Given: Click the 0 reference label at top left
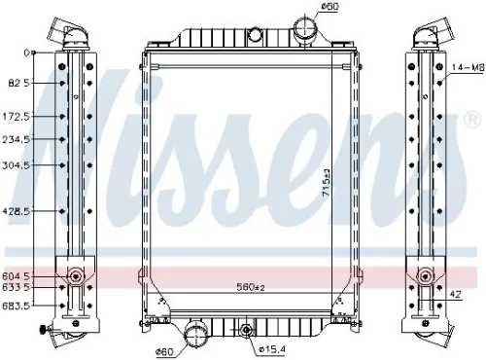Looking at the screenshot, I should pyautogui.click(x=27, y=53).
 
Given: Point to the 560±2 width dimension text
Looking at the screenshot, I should pyautogui.click(x=252, y=287).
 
